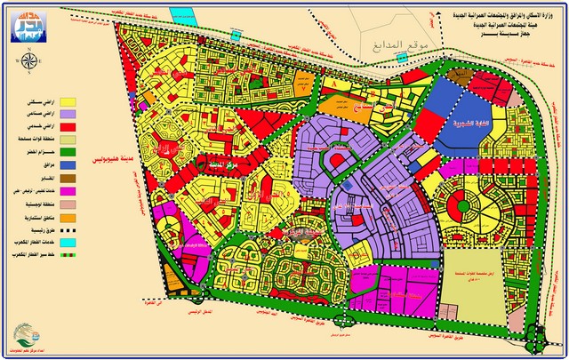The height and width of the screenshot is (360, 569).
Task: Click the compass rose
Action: (28, 60)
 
